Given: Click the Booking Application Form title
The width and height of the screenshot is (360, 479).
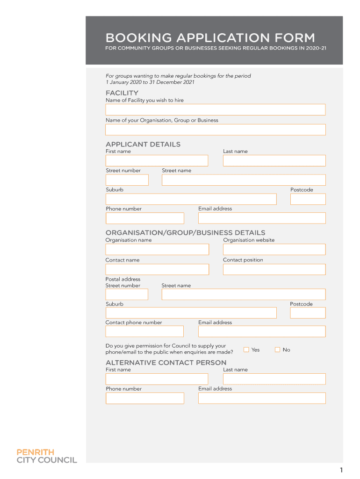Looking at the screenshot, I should pos(210,37).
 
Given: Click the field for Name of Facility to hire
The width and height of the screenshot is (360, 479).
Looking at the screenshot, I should pos(215,109).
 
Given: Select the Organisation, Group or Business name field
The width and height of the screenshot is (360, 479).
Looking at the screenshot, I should pos(215,130).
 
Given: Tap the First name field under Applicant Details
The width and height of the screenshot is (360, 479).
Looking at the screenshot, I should pos(157,160).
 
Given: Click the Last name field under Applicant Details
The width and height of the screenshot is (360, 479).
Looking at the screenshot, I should pos(274,160).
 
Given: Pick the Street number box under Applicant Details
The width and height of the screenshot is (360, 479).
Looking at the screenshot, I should pos(127,180).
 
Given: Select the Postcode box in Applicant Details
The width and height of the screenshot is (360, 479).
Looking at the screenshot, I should pos(308,199).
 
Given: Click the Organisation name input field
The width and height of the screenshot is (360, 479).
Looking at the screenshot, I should pos(157,249).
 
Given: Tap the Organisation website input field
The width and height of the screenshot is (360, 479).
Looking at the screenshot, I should pos(274,249).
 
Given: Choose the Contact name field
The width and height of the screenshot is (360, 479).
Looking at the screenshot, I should pos(157,269).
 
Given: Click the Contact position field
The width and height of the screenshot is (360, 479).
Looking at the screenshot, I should pos(274,269).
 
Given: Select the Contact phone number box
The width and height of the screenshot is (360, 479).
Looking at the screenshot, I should pos(144,331).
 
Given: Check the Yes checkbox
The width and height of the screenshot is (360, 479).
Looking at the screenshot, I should pos(246,349).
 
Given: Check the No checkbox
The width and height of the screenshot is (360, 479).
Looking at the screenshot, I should pos(277,349).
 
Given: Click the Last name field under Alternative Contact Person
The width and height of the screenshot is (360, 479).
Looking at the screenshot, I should pos(274,379).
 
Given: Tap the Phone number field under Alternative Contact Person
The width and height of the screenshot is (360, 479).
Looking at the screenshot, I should pos(144,398).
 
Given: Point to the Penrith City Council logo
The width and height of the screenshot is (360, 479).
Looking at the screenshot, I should pos(47,456).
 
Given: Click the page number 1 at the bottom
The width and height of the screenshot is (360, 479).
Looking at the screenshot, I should pos(342,470).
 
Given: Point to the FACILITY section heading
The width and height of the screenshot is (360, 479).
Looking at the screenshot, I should pos(122,93).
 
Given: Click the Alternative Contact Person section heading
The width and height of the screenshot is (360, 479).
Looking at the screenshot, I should pos(166,363).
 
